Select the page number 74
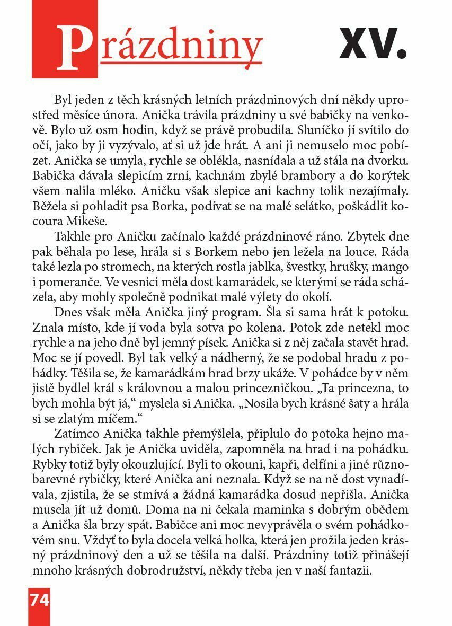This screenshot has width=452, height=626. click(39, 600)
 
